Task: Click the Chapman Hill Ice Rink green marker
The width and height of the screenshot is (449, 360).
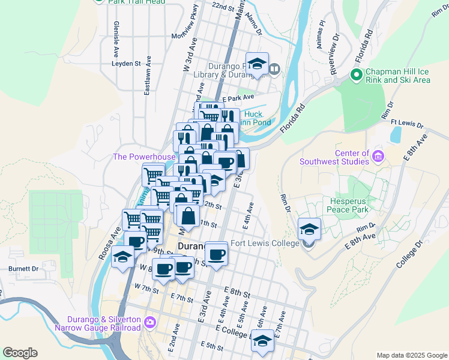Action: point(355,75)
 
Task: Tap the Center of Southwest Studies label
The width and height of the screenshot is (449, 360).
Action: point(335,157)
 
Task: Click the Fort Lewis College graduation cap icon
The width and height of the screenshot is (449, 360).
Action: point(309,228)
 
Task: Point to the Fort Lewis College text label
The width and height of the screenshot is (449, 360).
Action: point(265,243)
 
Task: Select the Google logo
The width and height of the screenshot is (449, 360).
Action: point(20,353)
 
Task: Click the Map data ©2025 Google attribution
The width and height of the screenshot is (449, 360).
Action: point(411,355)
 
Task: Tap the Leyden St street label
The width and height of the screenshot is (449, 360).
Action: point(125,62)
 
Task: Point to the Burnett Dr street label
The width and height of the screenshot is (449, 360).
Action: point(23,269)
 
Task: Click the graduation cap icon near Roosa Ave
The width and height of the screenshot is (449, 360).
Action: point(123,256)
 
